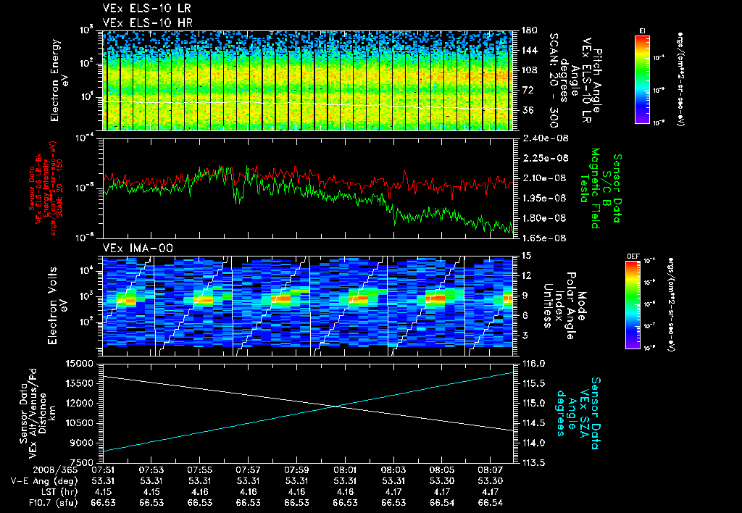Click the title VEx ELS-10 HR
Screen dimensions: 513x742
[141, 22]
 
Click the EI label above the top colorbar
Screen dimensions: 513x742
[643, 30]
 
